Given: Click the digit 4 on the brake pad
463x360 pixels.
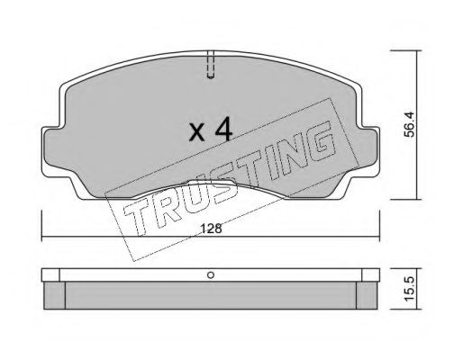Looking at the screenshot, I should (223, 131).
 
